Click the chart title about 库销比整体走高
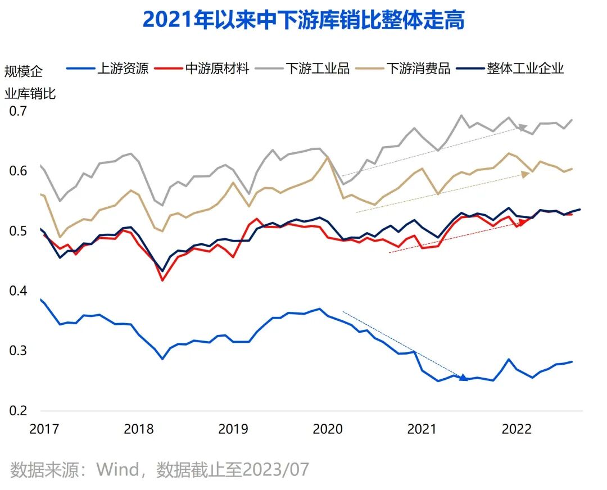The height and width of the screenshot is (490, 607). point(303,20)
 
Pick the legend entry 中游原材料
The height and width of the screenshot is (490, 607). point(217,69)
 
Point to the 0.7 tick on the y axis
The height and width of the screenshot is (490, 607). point(18,111)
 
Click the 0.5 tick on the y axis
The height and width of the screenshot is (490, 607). point(18,231)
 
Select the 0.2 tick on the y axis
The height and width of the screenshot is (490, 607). point(18,411)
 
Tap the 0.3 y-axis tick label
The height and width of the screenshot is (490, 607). point(18,351)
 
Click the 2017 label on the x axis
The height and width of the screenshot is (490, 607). point(44,429)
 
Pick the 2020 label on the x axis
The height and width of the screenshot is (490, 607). point(328,429)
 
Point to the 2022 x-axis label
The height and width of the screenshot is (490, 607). point(517,429)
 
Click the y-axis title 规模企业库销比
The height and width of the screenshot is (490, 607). point(30,82)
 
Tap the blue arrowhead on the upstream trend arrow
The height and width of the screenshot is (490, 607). point(464,378)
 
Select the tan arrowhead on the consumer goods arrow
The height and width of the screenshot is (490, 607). point(526,174)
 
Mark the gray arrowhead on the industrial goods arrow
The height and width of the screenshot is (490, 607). point(523,127)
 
